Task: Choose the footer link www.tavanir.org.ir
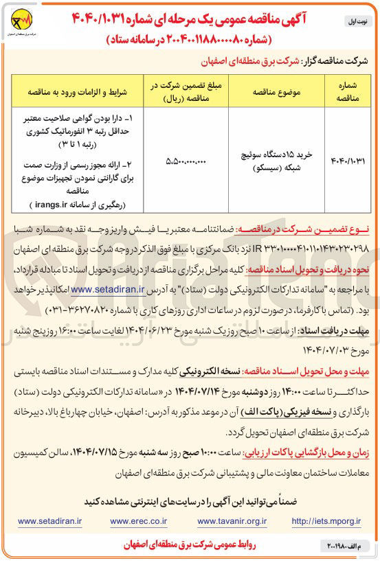click(x=232, y=520)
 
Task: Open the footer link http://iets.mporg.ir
click(x=326, y=520)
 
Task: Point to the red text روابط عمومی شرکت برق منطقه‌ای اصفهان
click(x=190, y=545)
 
